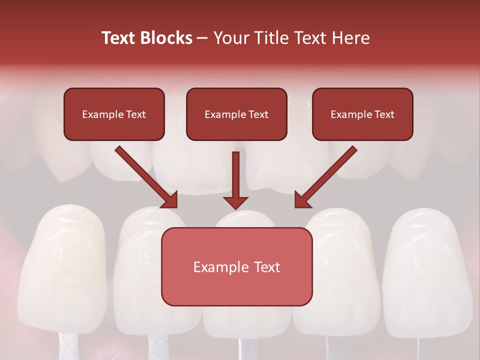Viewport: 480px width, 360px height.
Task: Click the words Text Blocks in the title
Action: click(x=146, y=38)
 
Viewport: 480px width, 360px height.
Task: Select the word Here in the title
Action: click(x=350, y=38)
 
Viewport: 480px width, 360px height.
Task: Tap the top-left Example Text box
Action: click(x=114, y=114)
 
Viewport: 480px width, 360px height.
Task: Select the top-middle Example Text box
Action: click(x=236, y=114)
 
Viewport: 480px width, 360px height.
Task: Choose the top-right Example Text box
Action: click(x=362, y=114)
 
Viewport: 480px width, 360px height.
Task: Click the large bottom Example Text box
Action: click(x=236, y=267)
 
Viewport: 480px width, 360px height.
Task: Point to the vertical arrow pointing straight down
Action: click(x=235, y=175)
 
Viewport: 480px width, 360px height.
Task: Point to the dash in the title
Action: click(x=202, y=38)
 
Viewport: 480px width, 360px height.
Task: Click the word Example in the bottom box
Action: click(x=217, y=267)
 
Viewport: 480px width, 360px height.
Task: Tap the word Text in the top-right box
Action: click(x=384, y=114)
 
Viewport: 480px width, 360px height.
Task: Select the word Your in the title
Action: click(x=229, y=38)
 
